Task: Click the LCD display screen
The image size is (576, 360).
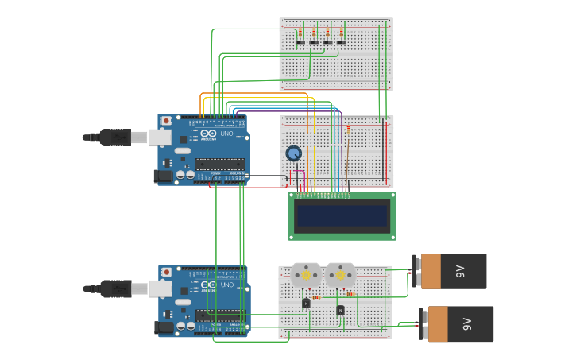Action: [x=342, y=215]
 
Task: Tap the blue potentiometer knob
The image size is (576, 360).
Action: [x=294, y=153]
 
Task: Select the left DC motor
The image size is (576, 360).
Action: [x=305, y=275]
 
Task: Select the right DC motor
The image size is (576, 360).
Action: [x=340, y=275]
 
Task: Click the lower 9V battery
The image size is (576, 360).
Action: [x=459, y=323]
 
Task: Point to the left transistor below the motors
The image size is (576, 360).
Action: [x=306, y=303]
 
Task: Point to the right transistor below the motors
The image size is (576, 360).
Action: [x=340, y=309]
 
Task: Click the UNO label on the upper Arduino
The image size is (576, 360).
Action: [x=226, y=134]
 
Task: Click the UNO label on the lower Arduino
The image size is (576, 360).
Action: [x=226, y=285]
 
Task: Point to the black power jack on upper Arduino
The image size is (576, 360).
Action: [x=163, y=176]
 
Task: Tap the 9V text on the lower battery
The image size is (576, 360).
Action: [x=467, y=324]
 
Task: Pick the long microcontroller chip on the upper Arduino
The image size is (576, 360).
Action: [x=220, y=165]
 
